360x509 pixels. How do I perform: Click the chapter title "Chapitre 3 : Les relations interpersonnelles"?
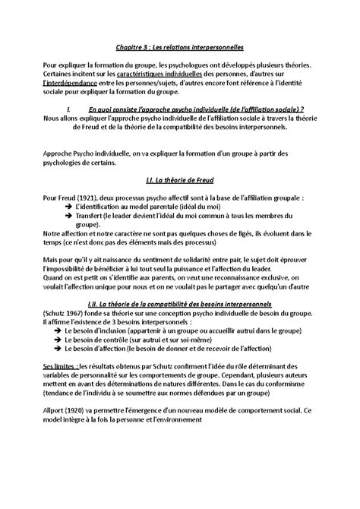tap(179, 48)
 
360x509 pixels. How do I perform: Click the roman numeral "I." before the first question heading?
tap(69, 109)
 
